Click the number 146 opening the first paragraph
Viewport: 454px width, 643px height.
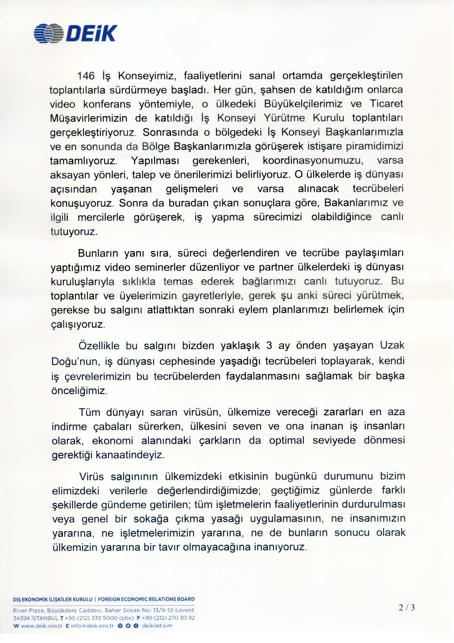(x=86, y=76)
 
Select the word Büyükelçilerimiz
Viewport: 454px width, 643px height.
(x=303, y=104)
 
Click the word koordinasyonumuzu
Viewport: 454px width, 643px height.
(x=313, y=160)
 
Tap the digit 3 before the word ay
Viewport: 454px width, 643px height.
(x=269, y=346)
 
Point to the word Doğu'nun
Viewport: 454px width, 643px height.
(x=76, y=362)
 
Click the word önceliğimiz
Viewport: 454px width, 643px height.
(x=79, y=391)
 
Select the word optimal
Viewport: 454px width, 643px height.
(x=287, y=440)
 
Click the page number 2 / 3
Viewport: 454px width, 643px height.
(x=407, y=607)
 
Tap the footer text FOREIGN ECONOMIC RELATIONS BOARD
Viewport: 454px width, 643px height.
(x=146, y=599)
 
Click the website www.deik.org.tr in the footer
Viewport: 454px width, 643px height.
(x=41, y=626)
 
